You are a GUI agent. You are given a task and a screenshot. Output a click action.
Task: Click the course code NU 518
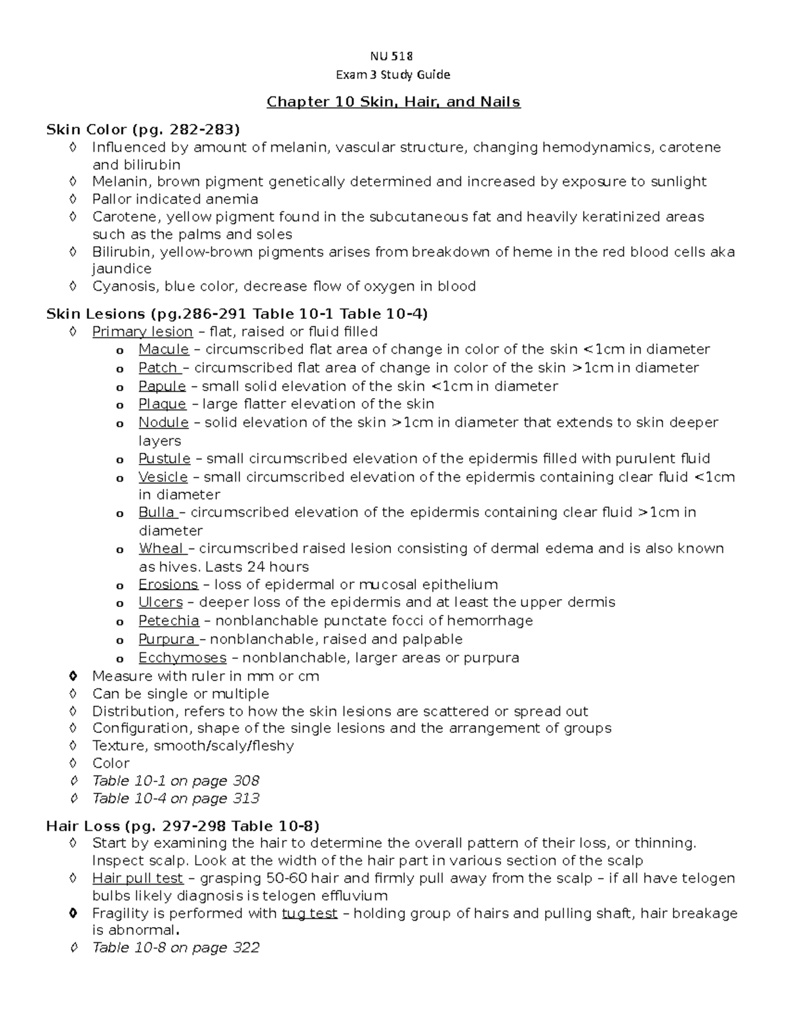[393, 56]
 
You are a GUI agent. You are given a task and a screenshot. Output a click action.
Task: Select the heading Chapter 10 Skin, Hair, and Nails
[393, 102]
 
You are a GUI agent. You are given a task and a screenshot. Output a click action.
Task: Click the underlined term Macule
[163, 350]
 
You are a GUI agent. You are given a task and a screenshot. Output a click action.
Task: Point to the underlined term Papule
[162, 386]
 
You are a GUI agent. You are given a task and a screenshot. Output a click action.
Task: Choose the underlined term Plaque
[162, 404]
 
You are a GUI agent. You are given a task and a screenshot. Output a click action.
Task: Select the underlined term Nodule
[163, 423]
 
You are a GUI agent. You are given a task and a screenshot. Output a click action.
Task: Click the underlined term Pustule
[164, 459]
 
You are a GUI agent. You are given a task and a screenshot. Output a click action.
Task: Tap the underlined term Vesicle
[163, 477]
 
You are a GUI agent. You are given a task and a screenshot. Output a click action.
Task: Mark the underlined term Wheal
[161, 549]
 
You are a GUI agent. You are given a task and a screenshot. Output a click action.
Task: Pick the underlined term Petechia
[169, 621]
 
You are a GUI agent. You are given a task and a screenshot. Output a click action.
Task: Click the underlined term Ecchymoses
[182, 657]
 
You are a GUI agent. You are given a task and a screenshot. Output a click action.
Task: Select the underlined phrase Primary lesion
[142, 332]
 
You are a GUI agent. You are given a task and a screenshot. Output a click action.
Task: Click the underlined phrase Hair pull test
[138, 879]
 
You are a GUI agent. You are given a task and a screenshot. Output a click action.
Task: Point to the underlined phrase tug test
[310, 913]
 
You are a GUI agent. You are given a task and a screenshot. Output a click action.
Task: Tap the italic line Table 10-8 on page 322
[176, 947]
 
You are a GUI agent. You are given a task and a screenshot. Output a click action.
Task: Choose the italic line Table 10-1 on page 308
[176, 781]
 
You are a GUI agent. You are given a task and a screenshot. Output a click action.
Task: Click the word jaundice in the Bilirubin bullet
[122, 269]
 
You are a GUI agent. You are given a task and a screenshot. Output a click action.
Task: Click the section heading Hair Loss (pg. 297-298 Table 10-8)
[182, 825]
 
